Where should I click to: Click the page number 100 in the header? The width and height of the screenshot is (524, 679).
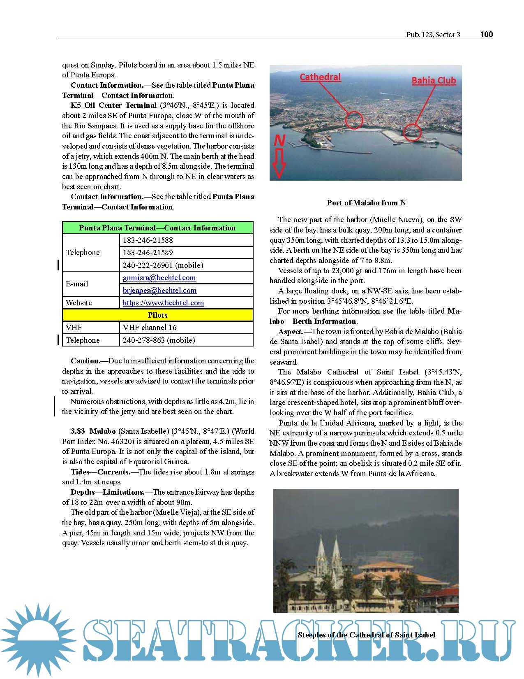pyautogui.click(x=486, y=34)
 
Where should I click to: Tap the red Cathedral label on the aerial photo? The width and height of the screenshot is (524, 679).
pyautogui.click(x=320, y=77)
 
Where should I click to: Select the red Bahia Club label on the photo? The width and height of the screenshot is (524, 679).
pyautogui.click(x=434, y=80)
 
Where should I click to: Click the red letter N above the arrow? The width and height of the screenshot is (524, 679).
pyautogui.click(x=279, y=141)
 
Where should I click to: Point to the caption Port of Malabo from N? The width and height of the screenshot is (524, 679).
pyautogui.click(x=366, y=202)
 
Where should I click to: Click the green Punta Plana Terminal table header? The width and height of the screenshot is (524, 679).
pyautogui.click(x=157, y=228)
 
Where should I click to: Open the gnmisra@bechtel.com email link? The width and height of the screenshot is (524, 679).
pyautogui.click(x=159, y=278)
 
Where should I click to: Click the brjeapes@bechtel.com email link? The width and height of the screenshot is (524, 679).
pyautogui.click(x=160, y=290)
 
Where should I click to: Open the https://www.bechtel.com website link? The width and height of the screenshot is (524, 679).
pyautogui.click(x=163, y=302)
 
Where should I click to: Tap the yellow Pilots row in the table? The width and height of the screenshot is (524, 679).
pyautogui.click(x=157, y=315)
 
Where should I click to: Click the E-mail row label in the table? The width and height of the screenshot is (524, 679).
pyautogui.click(x=77, y=284)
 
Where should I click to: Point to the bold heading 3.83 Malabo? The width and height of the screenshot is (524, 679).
pyautogui.click(x=93, y=431)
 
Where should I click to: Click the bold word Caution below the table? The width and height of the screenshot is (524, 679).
pyautogui.click(x=85, y=361)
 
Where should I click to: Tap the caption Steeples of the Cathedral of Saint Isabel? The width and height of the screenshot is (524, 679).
pyautogui.click(x=366, y=635)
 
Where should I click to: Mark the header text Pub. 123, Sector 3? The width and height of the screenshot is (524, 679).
pyautogui.click(x=433, y=35)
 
